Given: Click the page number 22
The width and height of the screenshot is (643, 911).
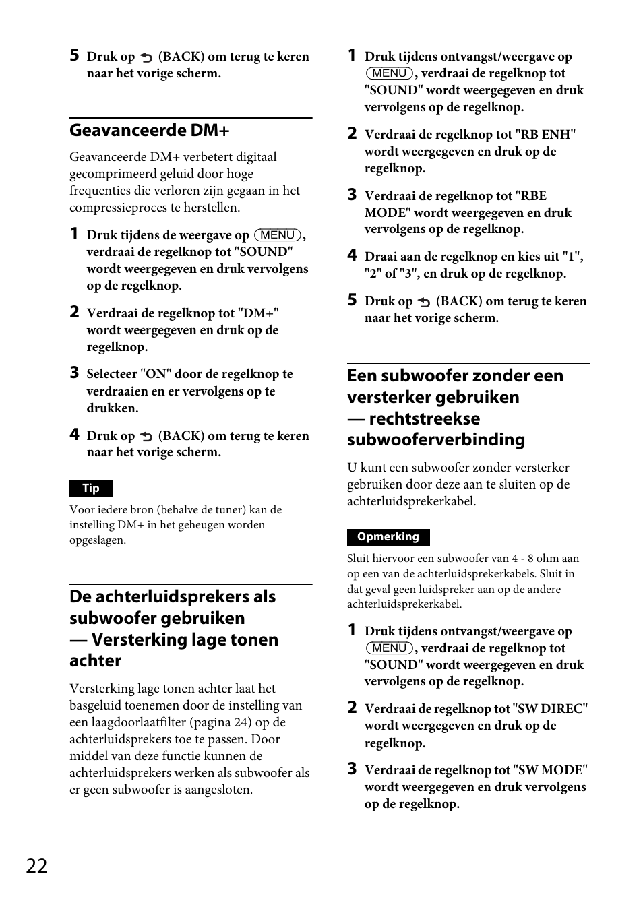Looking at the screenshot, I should point(37,866).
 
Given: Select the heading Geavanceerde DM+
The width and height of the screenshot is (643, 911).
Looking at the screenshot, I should point(150,130).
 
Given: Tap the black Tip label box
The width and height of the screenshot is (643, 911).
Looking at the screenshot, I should point(91,489).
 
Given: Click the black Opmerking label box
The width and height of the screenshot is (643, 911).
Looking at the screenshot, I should point(388,537).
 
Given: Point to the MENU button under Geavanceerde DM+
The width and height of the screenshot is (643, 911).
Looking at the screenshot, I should point(277,235).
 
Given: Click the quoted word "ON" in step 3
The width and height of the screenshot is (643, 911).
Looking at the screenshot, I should point(156,374).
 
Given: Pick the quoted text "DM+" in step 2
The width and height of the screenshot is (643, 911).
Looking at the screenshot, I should point(258,313).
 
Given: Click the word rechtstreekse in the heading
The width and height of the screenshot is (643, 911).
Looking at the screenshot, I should point(425,418).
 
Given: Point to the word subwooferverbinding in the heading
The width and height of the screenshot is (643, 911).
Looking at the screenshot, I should point(436,440).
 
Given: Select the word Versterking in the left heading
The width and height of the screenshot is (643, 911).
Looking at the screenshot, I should point(136,639).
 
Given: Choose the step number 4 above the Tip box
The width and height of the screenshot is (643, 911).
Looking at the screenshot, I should point(75,435).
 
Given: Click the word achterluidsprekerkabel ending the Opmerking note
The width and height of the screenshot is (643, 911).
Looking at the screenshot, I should point(403,604).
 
